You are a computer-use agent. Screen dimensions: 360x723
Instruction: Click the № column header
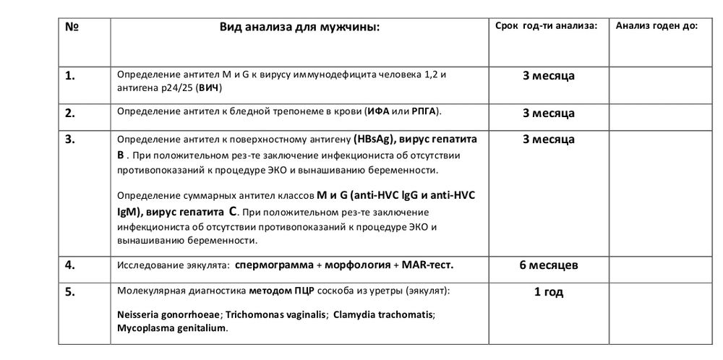click(x=72, y=27)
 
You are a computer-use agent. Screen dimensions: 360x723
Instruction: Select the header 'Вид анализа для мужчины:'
click(x=299, y=27)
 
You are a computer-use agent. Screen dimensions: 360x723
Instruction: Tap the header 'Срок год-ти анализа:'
click(x=547, y=26)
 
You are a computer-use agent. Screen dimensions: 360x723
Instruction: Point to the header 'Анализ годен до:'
click(x=656, y=26)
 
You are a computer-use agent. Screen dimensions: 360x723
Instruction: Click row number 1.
click(x=71, y=76)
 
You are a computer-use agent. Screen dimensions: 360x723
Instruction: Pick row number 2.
click(x=71, y=113)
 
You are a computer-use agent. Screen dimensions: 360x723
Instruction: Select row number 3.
click(x=71, y=139)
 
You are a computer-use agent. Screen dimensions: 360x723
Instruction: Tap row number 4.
click(x=71, y=265)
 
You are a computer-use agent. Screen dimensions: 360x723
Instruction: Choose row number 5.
click(x=71, y=292)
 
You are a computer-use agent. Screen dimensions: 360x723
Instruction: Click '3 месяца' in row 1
click(x=548, y=76)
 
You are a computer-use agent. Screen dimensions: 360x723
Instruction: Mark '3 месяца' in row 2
click(x=548, y=113)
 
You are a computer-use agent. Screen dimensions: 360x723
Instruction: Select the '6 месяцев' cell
click(x=548, y=265)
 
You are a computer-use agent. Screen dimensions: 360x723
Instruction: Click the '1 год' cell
click(x=548, y=292)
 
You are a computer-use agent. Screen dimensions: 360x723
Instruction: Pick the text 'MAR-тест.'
click(x=424, y=265)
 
